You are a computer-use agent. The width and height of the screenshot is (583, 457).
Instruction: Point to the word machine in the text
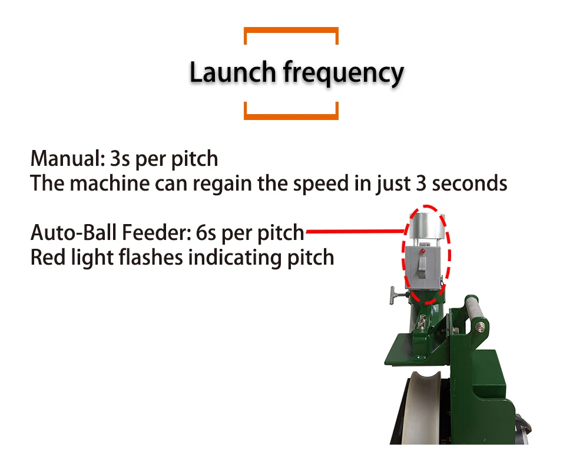(x=110, y=183)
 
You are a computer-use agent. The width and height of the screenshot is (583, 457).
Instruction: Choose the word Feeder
(x=155, y=233)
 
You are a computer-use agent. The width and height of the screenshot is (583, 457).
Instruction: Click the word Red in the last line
(x=45, y=257)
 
